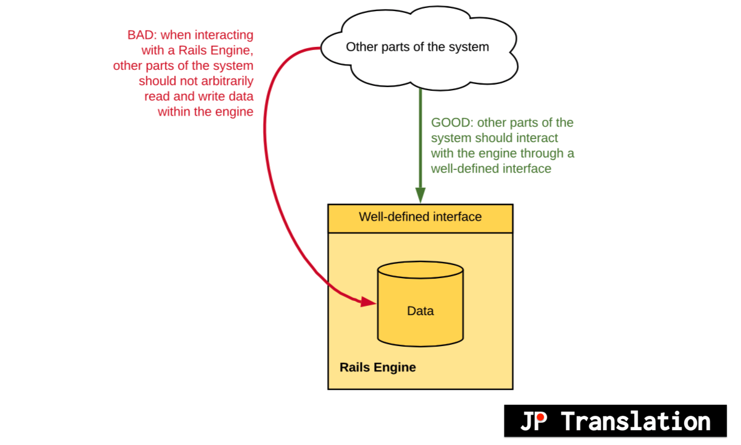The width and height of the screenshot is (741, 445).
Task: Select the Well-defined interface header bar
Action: [420, 218]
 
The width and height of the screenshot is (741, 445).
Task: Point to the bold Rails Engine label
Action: [378, 367]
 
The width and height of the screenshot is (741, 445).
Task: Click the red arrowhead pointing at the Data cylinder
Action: [369, 302]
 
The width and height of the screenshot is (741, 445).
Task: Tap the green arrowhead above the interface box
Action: [420, 195]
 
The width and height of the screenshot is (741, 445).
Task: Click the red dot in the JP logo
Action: [540, 418]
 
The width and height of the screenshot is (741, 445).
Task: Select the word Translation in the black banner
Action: [636, 422]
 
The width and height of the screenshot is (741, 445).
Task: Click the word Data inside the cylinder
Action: [420, 311]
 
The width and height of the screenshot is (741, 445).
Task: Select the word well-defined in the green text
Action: [460, 168]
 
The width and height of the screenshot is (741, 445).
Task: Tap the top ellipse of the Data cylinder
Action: [420, 270]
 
